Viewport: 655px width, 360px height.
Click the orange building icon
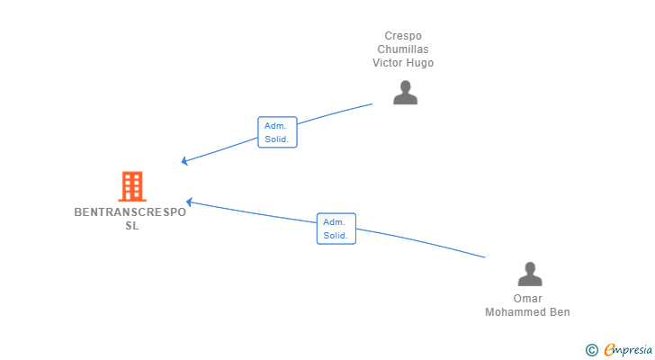[x=132, y=186]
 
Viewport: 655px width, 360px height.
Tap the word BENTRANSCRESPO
[x=130, y=212]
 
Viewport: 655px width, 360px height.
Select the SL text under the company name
[x=132, y=226]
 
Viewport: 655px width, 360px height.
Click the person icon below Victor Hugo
[x=405, y=93]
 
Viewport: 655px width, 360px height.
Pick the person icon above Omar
[x=530, y=274]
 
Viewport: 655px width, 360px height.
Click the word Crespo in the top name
[x=403, y=36]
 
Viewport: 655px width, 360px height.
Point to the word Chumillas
[x=403, y=49]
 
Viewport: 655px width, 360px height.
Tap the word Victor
[x=387, y=63]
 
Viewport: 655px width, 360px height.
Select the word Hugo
[x=419, y=63]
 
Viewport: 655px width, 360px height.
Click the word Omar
[x=528, y=299]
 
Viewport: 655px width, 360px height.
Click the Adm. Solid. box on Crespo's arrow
[x=277, y=132]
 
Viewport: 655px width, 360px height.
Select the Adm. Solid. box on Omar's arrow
[x=336, y=229]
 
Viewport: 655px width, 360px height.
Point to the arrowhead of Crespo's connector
[x=184, y=161]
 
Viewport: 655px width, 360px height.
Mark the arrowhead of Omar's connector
[x=189, y=202]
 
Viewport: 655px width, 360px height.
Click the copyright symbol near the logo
[x=591, y=350]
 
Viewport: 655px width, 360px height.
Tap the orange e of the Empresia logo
[x=610, y=349]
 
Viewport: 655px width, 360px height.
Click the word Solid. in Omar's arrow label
[x=336, y=236]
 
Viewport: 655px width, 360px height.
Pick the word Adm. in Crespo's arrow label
[x=275, y=126]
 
